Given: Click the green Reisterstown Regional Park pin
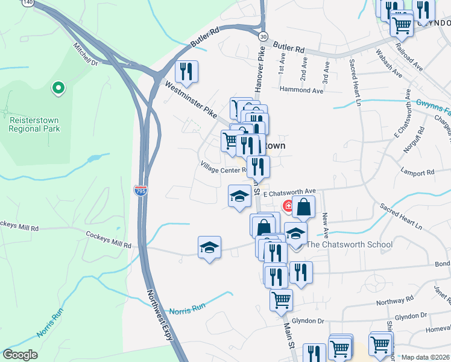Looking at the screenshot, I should click(58, 89).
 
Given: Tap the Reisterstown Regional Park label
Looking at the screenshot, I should click(34, 124).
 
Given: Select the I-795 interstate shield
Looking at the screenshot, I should click(140, 191).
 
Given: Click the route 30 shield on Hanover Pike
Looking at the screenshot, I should click(263, 37).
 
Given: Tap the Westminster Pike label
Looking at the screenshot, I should click(190, 101).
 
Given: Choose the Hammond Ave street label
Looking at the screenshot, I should click(301, 89).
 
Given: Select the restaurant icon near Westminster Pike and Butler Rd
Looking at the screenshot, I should click(187, 72).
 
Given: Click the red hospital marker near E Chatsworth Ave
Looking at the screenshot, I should click(289, 206).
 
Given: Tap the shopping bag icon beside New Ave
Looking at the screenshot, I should click(304, 207).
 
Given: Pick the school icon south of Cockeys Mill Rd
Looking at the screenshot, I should click(209, 247).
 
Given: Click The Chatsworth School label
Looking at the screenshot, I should click(349, 244).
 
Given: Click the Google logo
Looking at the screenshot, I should click(20, 355).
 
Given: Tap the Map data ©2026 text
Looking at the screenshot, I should click(426, 357).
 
